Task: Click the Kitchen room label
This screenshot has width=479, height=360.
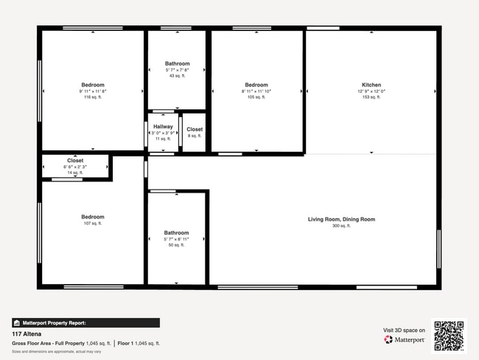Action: coord(371,85)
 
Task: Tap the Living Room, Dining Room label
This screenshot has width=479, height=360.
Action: coord(341,219)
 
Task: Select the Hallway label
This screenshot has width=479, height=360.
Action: coord(163,127)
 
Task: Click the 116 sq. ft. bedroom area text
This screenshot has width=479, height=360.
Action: coord(92,97)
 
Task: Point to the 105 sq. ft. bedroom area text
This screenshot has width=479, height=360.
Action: coord(256,97)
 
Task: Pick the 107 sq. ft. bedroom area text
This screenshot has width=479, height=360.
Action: coord(92,224)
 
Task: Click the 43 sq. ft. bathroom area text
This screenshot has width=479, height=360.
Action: coord(177,76)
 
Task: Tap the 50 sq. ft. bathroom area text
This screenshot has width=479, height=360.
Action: coord(176,245)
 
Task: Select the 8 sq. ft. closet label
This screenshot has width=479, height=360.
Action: coord(195,129)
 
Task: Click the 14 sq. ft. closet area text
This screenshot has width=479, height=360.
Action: coord(75,172)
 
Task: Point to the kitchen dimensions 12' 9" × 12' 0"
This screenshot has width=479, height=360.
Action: coord(371,91)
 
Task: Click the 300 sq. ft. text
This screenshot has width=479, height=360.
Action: coord(341,226)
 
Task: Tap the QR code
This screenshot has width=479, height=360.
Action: coord(449,335)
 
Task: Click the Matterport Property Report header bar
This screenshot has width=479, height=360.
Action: coord(85,322)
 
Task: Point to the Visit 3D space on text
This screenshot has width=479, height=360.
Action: coord(404,330)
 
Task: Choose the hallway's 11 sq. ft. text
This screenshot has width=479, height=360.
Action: coord(163,139)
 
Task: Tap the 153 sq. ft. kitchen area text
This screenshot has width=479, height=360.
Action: coord(371,97)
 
